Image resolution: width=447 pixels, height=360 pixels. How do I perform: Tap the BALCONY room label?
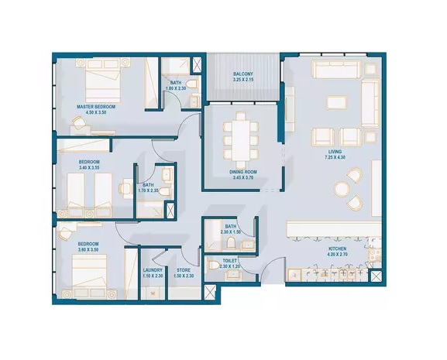tap(243, 74)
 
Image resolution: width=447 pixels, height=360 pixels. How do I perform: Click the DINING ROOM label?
tap(243, 172)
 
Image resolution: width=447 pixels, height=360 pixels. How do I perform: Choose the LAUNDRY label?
tap(153, 270)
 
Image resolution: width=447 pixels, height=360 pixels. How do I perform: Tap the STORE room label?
tap(183, 270)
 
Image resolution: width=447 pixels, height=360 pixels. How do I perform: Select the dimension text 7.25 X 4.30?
tap(335, 159)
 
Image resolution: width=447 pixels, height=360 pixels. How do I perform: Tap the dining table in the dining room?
tap(242, 139)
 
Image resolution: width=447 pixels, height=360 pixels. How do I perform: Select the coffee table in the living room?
tap(337, 102)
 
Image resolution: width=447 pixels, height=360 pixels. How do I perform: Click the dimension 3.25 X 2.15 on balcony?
tap(243, 81)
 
